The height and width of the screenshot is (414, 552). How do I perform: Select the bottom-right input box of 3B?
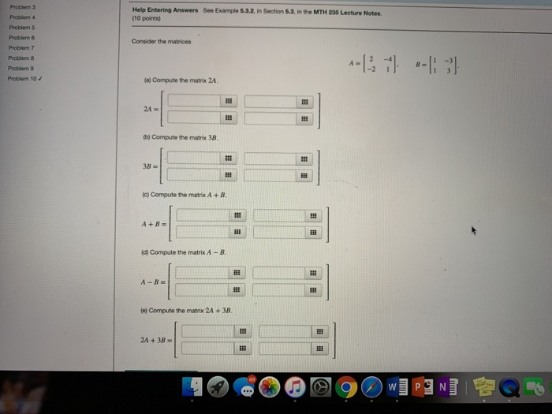(x=271, y=174)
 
